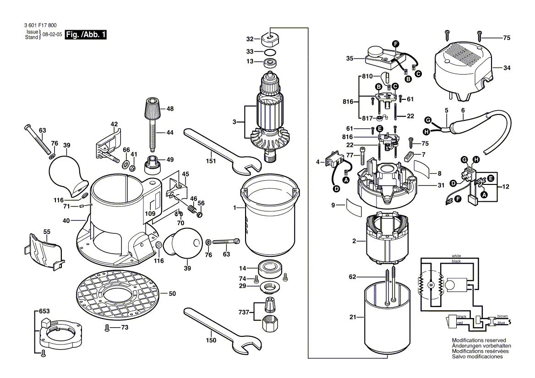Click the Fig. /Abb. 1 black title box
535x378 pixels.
pyautogui.click(x=86, y=34)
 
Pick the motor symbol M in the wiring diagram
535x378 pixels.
pyautogui.click(x=430, y=285)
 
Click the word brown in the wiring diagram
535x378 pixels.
pyautogui.click(x=502, y=316)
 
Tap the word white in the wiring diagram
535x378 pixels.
pyautogui.click(x=456, y=256)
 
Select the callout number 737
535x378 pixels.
pyautogui.click(x=244, y=312)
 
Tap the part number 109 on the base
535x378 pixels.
pyautogui.click(x=151, y=214)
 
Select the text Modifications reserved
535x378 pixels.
pyautogui.click(x=479, y=341)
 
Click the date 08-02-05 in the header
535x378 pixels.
pyautogui.click(x=52, y=35)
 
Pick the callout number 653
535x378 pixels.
pyautogui.click(x=44, y=311)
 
